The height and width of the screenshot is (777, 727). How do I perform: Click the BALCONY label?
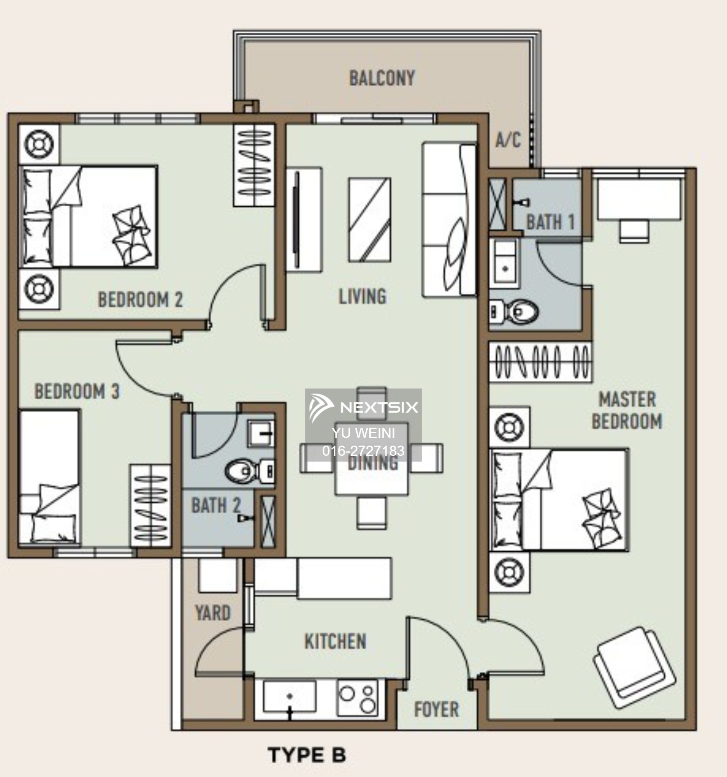click(x=382, y=78)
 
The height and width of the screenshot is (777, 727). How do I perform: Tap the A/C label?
click(x=508, y=139)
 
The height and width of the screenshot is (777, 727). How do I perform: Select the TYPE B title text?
click(x=307, y=755)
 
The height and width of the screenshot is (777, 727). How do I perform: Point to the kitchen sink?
click(x=289, y=697)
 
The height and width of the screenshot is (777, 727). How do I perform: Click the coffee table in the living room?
click(x=370, y=220)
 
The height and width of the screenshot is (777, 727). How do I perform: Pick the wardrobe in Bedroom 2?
click(x=254, y=166)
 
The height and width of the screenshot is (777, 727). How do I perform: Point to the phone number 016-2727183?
click(x=363, y=451)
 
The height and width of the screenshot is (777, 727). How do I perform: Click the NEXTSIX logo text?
click(x=379, y=408)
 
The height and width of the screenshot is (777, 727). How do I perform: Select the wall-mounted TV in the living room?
click(x=297, y=219)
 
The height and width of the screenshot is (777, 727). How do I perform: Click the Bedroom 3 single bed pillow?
click(x=54, y=527)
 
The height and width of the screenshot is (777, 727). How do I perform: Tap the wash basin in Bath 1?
click(x=505, y=261)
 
